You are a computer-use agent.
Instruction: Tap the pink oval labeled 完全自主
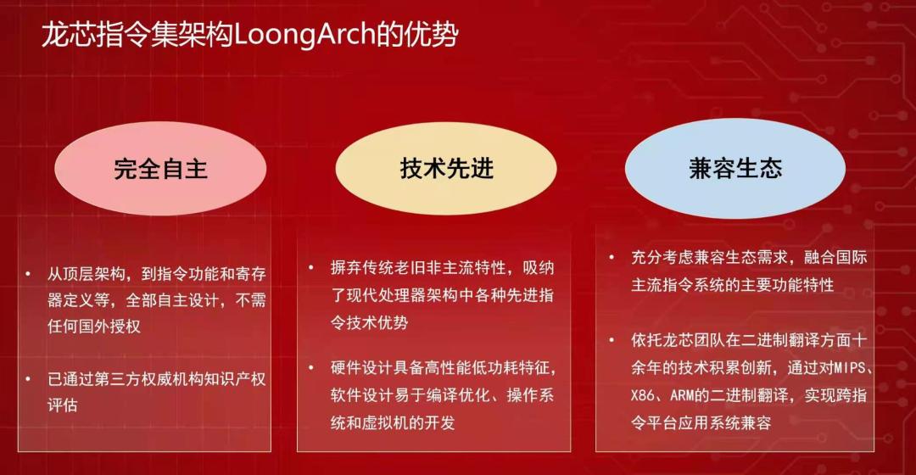tap(161, 169)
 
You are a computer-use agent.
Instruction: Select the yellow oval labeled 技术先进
tap(446, 169)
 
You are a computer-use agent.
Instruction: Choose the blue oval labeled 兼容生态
tap(735, 169)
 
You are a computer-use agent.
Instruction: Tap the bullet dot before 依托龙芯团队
tap(612, 340)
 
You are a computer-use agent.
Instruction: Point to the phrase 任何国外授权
tap(93, 327)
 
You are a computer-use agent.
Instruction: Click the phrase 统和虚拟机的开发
tap(393, 422)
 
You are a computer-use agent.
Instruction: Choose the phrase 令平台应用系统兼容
tap(701, 422)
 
